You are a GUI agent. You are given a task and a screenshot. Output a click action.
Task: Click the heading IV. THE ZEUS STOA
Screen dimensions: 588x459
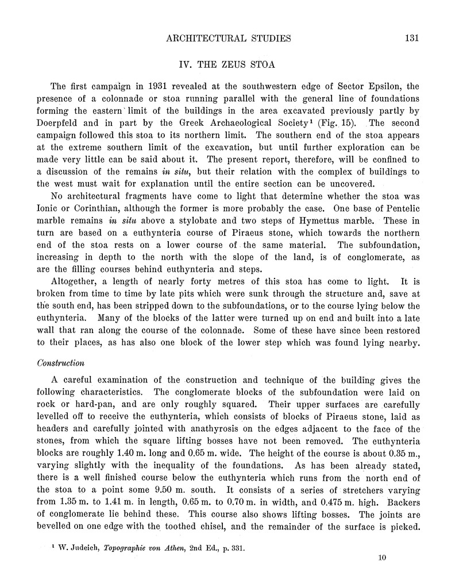coord(229,63)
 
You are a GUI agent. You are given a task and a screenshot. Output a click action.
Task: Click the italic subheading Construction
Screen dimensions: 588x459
coord(61,363)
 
